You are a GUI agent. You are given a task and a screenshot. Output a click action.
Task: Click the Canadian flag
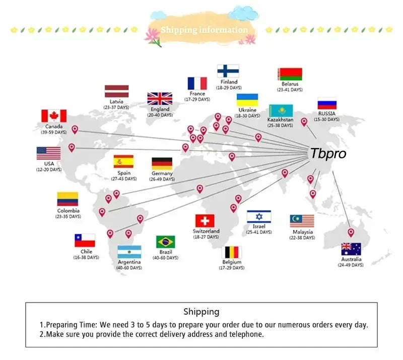pyautogui.click(x=54, y=116)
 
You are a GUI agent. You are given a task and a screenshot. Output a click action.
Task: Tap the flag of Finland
pyautogui.click(x=228, y=71)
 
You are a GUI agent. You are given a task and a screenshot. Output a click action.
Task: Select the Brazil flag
pyautogui.click(x=166, y=242)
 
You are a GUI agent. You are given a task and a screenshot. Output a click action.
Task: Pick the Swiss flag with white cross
pyautogui.click(x=205, y=221)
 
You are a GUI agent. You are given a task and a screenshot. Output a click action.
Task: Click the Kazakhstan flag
pyautogui.click(x=281, y=110)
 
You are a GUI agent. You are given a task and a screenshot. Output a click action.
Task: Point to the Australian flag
pyautogui.click(x=351, y=249)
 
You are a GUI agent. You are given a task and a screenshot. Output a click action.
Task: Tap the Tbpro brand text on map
pyautogui.click(x=328, y=154)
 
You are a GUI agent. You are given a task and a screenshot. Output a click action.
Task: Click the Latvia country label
pyautogui.click(x=116, y=102)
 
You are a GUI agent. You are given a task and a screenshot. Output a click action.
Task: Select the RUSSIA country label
pyautogui.click(x=326, y=113)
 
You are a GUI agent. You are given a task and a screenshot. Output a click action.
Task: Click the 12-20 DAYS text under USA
pyautogui.click(x=49, y=169)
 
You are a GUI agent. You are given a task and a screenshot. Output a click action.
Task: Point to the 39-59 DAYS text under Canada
pyautogui.click(x=54, y=132)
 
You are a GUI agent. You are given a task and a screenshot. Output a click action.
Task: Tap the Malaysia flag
pyautogui.click(x=302, y=221)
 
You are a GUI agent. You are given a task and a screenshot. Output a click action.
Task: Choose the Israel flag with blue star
pyautogui.click(x=259, y=216)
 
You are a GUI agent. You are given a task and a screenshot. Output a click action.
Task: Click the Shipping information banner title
pyautogui.click(x=205, y=30)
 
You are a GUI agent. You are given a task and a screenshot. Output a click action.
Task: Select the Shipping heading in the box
pyautogui.click(x=201, y=312)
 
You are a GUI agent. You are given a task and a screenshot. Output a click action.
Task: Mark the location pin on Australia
pyautogui.click(x=351, y=232)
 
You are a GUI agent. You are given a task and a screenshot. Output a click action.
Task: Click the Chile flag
pyautogui.click(x=85, y=241)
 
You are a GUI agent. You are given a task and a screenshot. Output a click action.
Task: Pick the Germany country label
pyautogui.click(x=162, y=173)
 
